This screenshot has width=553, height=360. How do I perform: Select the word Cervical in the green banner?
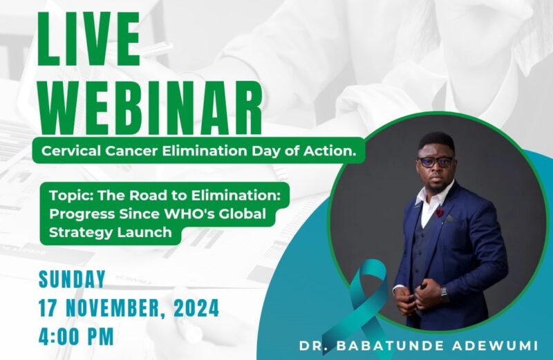click(x=68, y=151)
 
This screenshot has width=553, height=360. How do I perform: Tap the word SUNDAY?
click(x=73, y=279)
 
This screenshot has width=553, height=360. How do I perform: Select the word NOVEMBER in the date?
click(x=115, y=308)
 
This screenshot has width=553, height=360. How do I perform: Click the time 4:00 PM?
click(x=77, y=337)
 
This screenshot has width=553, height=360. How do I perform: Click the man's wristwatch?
click(x=445, y=293)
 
